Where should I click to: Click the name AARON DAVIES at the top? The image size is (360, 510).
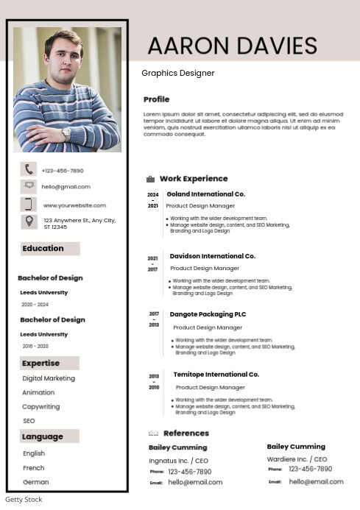tap(232, 46)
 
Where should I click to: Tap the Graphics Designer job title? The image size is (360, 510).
tap(178, 74)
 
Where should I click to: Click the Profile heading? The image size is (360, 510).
tap(156, 99)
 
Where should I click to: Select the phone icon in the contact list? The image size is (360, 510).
tap(29, 170)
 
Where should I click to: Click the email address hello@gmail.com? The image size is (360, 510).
tap(66, 187)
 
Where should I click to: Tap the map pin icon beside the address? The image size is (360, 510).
tap(29, 221)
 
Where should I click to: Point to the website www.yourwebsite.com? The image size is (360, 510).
tap(74, 205)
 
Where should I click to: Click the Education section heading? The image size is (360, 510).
tap(43, 249)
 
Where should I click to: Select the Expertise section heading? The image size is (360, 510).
tap(41, 364)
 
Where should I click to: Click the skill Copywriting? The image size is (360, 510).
tap(41, 407)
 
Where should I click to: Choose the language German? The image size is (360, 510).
tap(36, 482)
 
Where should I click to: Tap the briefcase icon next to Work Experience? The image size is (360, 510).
tap(150, 179)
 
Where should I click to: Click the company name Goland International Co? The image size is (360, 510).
tap(205, 194)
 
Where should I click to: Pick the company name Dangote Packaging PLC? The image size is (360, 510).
tap(208, 314)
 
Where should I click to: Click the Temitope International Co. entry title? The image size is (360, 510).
tap(216, 375)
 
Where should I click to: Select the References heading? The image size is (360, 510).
tap(186, 433)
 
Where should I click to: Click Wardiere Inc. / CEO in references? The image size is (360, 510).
tap(297, 459)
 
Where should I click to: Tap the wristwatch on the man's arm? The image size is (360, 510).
tap(66, 134)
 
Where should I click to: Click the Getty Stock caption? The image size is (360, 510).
tap(24, 500)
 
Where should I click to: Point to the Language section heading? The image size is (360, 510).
tap(43, 437)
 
